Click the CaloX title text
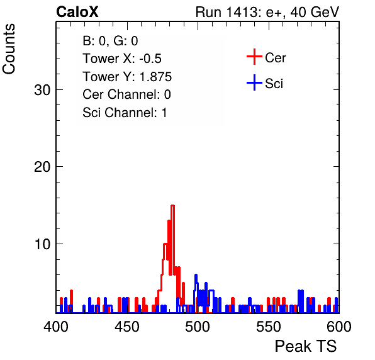[77, 12]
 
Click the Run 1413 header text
[267, 12]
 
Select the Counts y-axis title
[9, 49]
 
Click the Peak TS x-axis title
[306, 346]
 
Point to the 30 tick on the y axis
[42, 90]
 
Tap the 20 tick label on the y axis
[42, 167]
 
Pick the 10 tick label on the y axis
[42, 244]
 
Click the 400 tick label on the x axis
[56, 327]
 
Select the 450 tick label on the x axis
[126, 327]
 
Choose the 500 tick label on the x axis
[198, 327]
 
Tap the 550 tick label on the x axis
[268, 327]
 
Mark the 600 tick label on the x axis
[339, 327]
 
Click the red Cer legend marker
[254, 57]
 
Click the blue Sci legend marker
[254, 82]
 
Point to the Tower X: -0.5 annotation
[122, 59]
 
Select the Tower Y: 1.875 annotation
[127, 77]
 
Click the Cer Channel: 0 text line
[126, 94]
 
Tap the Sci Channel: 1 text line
[125, 113]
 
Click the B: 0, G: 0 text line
[110, 41]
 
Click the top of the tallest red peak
[172, 205]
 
